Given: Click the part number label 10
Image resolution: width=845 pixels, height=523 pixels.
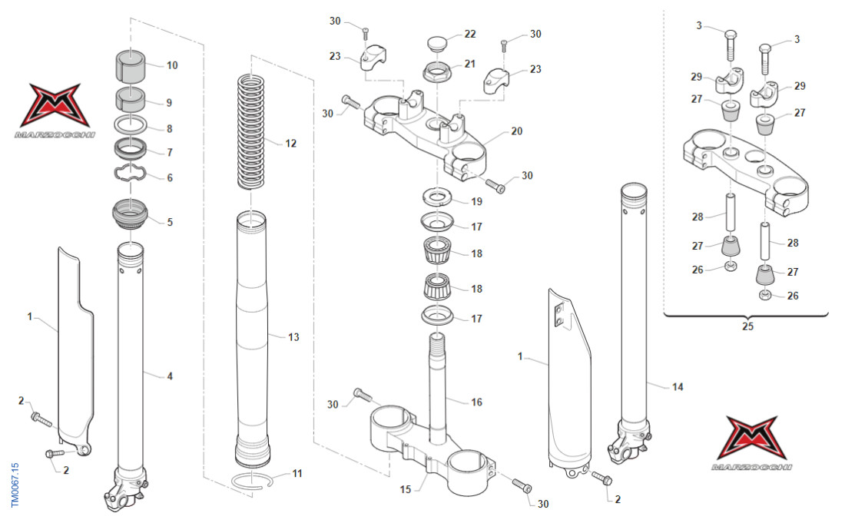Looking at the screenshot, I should tap(172, 65).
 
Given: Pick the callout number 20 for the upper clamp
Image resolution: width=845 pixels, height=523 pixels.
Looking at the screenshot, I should tap(516, 131).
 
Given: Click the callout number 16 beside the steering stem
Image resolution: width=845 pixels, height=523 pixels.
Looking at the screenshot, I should tap(476, 402).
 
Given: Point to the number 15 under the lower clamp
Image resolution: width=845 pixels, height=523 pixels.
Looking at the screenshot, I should tap(406, 489).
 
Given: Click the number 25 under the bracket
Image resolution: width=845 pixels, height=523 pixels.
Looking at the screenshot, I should tap(748, 326).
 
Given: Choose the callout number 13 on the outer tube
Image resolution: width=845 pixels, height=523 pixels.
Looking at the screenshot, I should tap(293, 337).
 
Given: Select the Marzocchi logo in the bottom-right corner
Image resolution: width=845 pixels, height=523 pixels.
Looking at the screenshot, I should tap(753, 442).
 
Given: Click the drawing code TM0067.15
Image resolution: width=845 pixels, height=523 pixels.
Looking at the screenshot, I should tap(15, 483).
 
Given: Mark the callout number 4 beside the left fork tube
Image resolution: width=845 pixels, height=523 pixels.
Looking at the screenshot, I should tap(170, 376).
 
